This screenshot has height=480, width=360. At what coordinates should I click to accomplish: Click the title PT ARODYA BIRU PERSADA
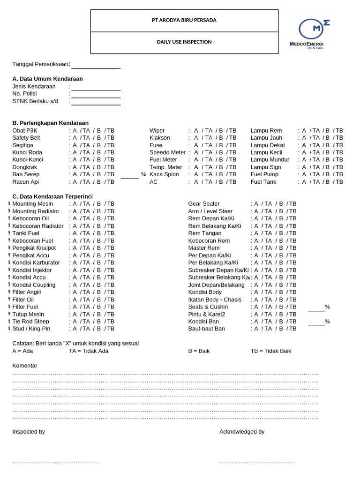pyautogui.click(x=184, y=20)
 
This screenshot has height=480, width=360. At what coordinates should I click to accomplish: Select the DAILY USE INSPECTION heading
pyautogui.click(x=184, y=42)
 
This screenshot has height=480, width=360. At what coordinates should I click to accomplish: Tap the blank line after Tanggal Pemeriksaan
pyautogui.click(x=96, y=66)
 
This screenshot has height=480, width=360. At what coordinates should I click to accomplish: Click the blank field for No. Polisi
pyautogui.click(x=96, y=95)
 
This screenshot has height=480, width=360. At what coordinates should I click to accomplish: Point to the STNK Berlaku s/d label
pyautogui.click(x=35, y=101)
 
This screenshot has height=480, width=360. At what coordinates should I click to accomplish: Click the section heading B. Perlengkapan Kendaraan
pyautogui.click(x=50, y=123)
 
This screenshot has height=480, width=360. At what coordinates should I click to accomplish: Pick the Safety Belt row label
pyautogui.click(x=26, y=138)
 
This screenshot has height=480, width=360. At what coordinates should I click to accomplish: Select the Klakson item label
pyautogui.click(x=160, y=138)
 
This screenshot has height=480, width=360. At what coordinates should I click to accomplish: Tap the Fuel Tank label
pyautogui.click(x=263, y=182)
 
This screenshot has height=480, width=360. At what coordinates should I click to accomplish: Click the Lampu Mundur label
pyautogui.click(x=270, y=160)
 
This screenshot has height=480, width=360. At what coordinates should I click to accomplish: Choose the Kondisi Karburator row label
pyautogui.click(x=36, y=262)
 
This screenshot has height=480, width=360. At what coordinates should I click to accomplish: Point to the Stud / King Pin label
pyautogui.click(x=31, y=329)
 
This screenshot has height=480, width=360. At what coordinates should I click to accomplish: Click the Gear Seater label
pyautogui.click(x=204, y=204)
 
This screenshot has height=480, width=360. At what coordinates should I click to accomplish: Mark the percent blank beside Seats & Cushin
pyautogui.click(x=316, y=308)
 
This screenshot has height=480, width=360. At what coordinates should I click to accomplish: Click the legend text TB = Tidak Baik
pyautogui.click(x=271, y=351)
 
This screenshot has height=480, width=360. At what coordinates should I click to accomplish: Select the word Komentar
pyautogui.click(x=25, y=366)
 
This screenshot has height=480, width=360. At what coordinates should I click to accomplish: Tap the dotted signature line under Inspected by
pyautogui.click(x=55, y=462)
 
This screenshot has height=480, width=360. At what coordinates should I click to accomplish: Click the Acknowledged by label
pyautogui.click(x=242, y=432)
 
